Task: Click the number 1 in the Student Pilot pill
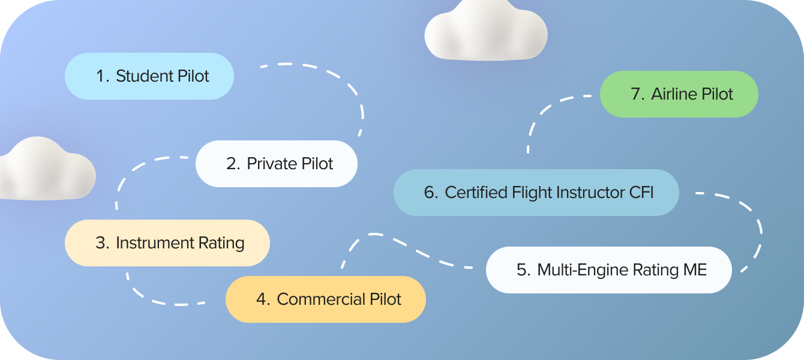point(100,76)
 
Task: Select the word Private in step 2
point(269,164)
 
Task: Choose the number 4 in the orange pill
point(262,299)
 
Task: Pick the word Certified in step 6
point(476,193)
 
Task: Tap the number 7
point(636,94)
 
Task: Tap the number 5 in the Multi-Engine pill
point(523,270)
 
